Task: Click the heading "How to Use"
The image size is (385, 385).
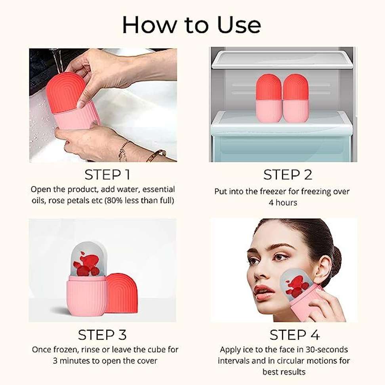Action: [192, 25]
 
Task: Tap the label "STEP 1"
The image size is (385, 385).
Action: [107, 175]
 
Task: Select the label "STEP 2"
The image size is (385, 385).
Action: [288, 175]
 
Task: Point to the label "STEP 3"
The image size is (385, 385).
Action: [102, 335]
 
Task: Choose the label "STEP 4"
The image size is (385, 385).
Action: [294, 335]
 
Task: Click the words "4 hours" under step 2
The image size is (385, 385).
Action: [283, 202]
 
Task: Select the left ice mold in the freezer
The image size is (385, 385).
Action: [269, 98]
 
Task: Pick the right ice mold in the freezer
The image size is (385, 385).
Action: [295, 98]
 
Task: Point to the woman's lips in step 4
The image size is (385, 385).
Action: [263, 292]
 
